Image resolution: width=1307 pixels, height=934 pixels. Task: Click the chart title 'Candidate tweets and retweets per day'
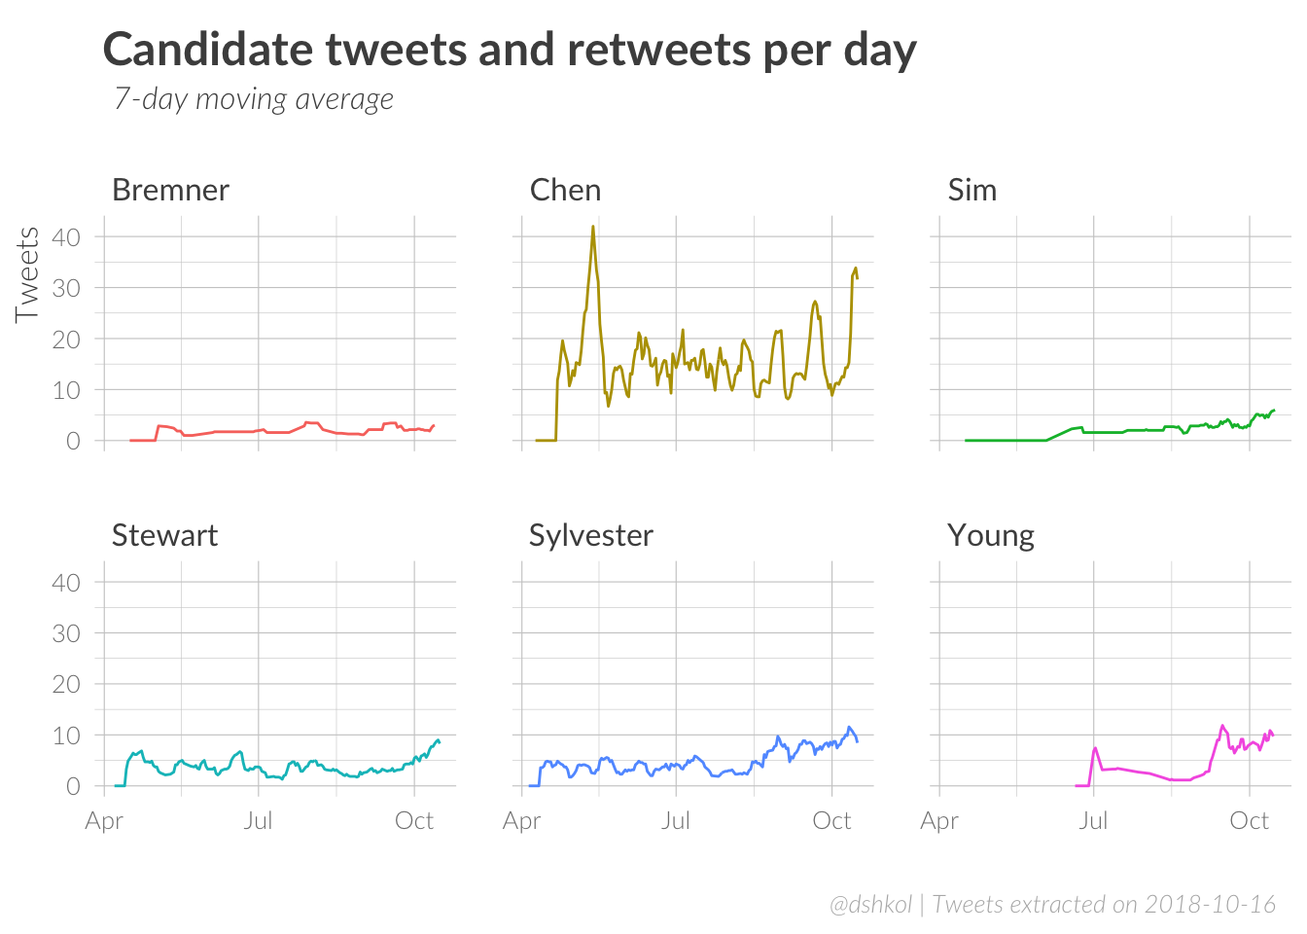pyautogui.click(x=510, y=51)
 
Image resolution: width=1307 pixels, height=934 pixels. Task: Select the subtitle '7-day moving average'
pyautogui.click(x=254, y=99)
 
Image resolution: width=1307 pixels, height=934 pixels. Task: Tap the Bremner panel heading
pyautogui.click(x=171, y=190)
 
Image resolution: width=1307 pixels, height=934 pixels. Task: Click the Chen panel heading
pyautogui.click(x=565, y=190)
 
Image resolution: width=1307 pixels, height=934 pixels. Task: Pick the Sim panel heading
pyautogui.click(x=972, y=190)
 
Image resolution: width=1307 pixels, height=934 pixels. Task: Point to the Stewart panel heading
pyautogui.click(x=164, y=535)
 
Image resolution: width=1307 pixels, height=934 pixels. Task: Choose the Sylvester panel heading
pyautogui.click(x=590, y=535)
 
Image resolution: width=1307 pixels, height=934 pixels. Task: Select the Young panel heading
pyautogui.click(x=991, y=535)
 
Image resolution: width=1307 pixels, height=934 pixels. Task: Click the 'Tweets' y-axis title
pyautogui.click(x=27, y=274)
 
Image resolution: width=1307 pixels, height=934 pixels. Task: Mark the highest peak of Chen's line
pyautogui.click(x=593, y=227)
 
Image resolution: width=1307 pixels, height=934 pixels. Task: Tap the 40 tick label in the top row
pyautogui.click(x=66, y=236)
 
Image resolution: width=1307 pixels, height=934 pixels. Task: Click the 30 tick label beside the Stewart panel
pyautogui.click(x=66, y=633)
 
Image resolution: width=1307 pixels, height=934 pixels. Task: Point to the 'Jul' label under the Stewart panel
pyautogui.click(x=259, y=821)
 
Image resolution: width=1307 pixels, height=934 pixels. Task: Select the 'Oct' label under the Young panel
pyautogui.click(x=1249, y=821)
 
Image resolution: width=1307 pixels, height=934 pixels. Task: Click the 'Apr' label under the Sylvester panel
pyautogui.click(x=522, y=821)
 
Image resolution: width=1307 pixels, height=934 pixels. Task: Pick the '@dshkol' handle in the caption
pyautogui.click(x=870, y=905)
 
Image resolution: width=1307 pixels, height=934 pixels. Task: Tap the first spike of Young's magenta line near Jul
pyautogui.click(x=1096, y=748)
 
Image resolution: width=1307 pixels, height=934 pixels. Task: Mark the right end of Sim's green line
pyautogui.click(x=1274, y=411)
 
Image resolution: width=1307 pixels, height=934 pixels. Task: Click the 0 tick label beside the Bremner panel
pyautogui.click(x=73, y=441)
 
